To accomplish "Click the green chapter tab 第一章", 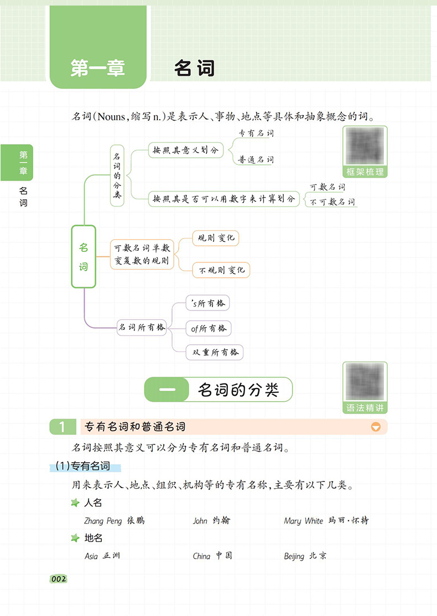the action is click(98, 47).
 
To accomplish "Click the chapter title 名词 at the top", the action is click(194, 68).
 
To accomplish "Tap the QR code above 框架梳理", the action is click(365, 146).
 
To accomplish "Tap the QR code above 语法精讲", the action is click(365, 382).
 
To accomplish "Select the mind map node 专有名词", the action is click(256, 133).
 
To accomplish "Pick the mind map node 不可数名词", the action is click(332, 202).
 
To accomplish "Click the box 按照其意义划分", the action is click(186, 150).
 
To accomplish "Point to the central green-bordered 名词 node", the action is click(84, 257).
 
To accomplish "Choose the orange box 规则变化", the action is click(216, 238).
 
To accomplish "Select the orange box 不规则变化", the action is click(221, 270).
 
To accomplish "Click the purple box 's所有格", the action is click(207, 303).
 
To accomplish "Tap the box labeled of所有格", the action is click(209, 328).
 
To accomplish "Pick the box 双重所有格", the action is click(215, 353).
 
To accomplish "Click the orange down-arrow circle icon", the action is click(376, 427).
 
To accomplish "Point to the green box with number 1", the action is click(63, 427).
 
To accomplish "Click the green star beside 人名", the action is click(75, 503).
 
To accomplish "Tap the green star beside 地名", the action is click(75, 538).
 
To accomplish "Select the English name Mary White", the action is click(304, 521).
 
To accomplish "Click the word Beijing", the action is click(294, 556).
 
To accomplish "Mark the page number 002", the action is click(59, 579).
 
